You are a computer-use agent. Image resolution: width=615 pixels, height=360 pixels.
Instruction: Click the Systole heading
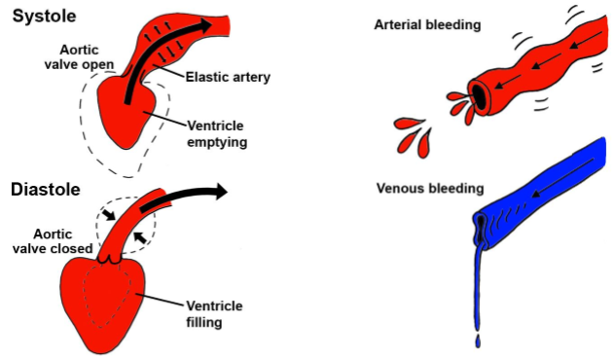(x=45, y=17)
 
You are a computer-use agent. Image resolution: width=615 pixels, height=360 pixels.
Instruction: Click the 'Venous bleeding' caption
(x=425, y=187)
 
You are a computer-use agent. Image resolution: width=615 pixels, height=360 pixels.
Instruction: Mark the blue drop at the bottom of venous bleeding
(x=477, y=341)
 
